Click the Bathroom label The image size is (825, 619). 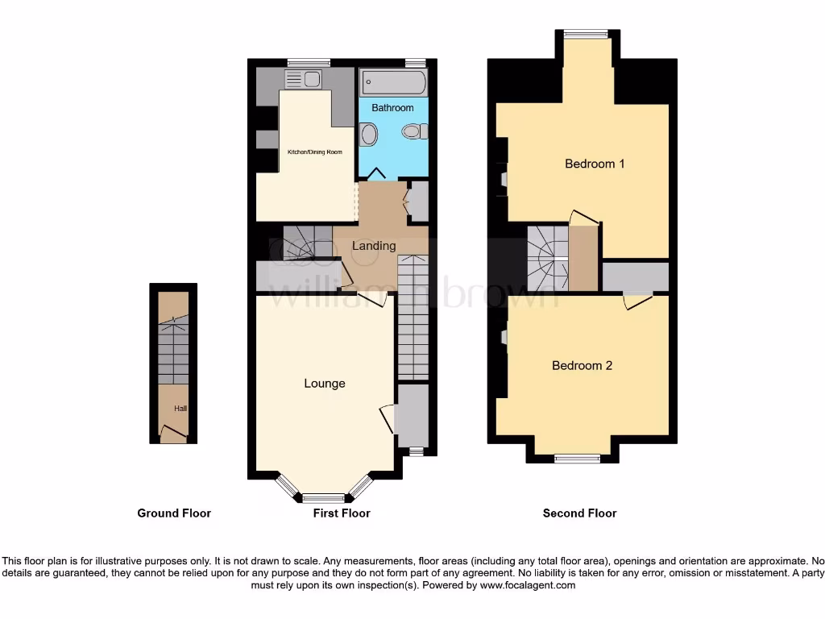[x=392, y=108]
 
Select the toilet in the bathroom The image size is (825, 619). [x=412, y=132]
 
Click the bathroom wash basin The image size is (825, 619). [x=367, y=134]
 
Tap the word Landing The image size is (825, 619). [x=375, y=246]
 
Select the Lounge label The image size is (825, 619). [x=325, y=384]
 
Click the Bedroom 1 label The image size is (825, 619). [x=595, y=164]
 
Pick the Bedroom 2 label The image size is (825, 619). [x=582, y=365]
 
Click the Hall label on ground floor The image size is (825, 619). [x=180, y=409]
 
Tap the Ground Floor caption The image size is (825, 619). [x=174, y=513]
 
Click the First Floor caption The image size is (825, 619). [x=342, y=513]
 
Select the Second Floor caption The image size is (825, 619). [x=579, y=513]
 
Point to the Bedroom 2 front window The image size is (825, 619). [x=577, y=459]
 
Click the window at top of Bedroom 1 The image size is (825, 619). [x=586, y=33]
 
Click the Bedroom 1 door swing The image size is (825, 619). [x=583, y=218]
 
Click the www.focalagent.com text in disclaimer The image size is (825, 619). [x=528, y=586]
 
